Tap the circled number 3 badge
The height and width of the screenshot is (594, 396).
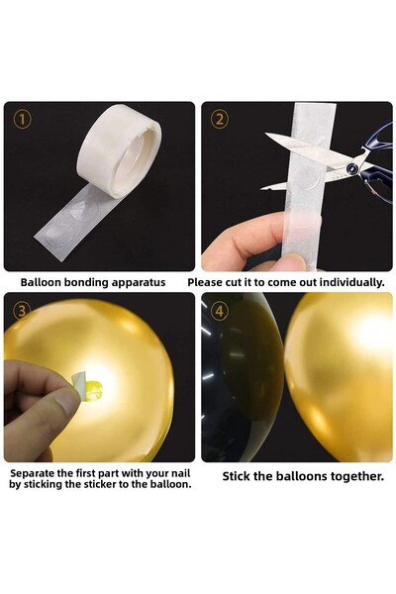pos(22,309)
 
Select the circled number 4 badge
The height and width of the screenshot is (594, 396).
pos(220,310)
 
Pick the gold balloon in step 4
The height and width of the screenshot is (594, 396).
pos(342,376)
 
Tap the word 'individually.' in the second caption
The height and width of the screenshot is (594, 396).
pos(346,282)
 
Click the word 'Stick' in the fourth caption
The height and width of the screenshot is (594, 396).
pos(238,476)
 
